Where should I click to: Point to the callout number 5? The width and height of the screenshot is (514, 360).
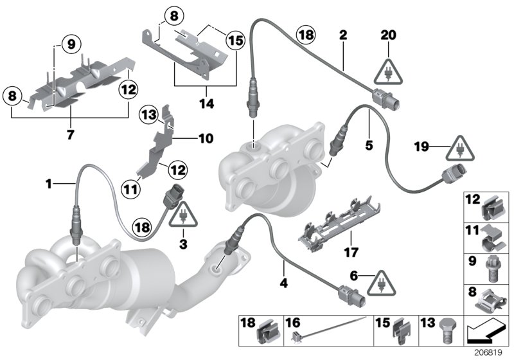[369, 147]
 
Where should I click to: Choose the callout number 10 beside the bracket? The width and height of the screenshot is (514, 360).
[205, 138]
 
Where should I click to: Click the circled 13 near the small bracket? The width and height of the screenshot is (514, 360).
[149, 115]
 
